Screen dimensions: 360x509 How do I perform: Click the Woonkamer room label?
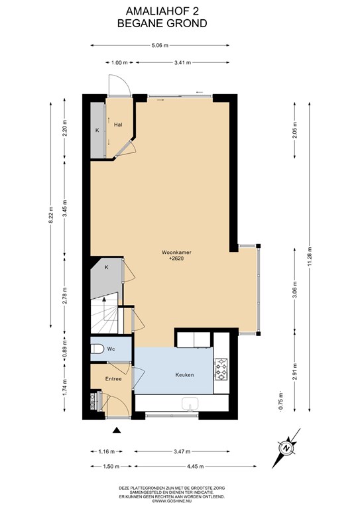click(176, 253)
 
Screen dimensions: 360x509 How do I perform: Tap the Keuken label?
click(184, 375)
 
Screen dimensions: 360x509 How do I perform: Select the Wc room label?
click(111, 349)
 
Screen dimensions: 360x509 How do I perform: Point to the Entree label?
click(113, 379)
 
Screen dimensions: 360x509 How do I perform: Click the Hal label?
click(118, 125)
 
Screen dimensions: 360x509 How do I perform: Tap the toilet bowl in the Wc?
click(95, 349)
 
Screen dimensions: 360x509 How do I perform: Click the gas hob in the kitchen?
click(221, 369)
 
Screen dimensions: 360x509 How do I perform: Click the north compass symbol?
click(286, 448)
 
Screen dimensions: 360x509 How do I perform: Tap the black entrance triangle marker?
click(117, 430)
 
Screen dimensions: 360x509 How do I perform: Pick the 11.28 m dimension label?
click(310, 257)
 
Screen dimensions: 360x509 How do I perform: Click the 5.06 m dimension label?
click(160, 46)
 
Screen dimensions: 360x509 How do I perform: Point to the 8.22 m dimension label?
click(50, 215)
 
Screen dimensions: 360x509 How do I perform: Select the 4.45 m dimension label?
click(195, 467)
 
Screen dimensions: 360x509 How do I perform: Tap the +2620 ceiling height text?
click(176, 258)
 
